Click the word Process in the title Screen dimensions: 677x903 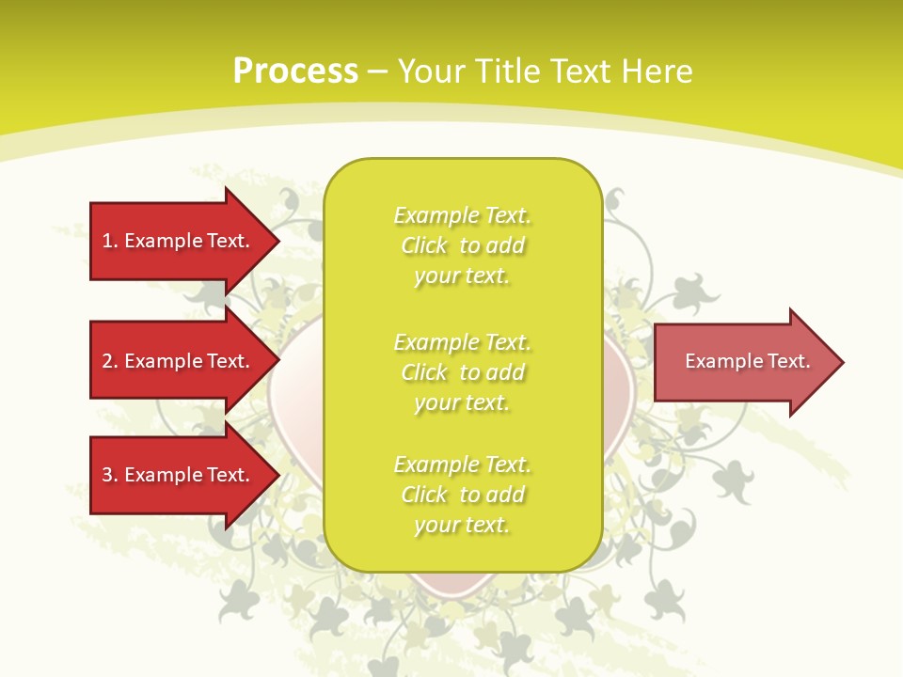click(x=295, y=71)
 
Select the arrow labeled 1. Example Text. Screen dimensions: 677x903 click(x=179, y=241)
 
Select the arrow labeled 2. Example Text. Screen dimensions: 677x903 click(x=179, y=361)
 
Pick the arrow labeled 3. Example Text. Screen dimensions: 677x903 click(x=179, y=475)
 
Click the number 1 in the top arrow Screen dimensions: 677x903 click(x=108, y=241)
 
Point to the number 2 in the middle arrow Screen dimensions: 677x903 click(x=108, y=361)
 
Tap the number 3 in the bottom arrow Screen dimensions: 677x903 click(x=108, y=475)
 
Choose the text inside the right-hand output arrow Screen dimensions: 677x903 click(x=747, y=361)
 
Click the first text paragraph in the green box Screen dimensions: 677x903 click(x=462, y=245)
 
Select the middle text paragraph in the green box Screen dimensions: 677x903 click(x=462, y=372)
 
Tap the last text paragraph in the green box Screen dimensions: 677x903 click(x=462, y=495)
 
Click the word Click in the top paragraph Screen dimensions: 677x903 click(x=424, y=245)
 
